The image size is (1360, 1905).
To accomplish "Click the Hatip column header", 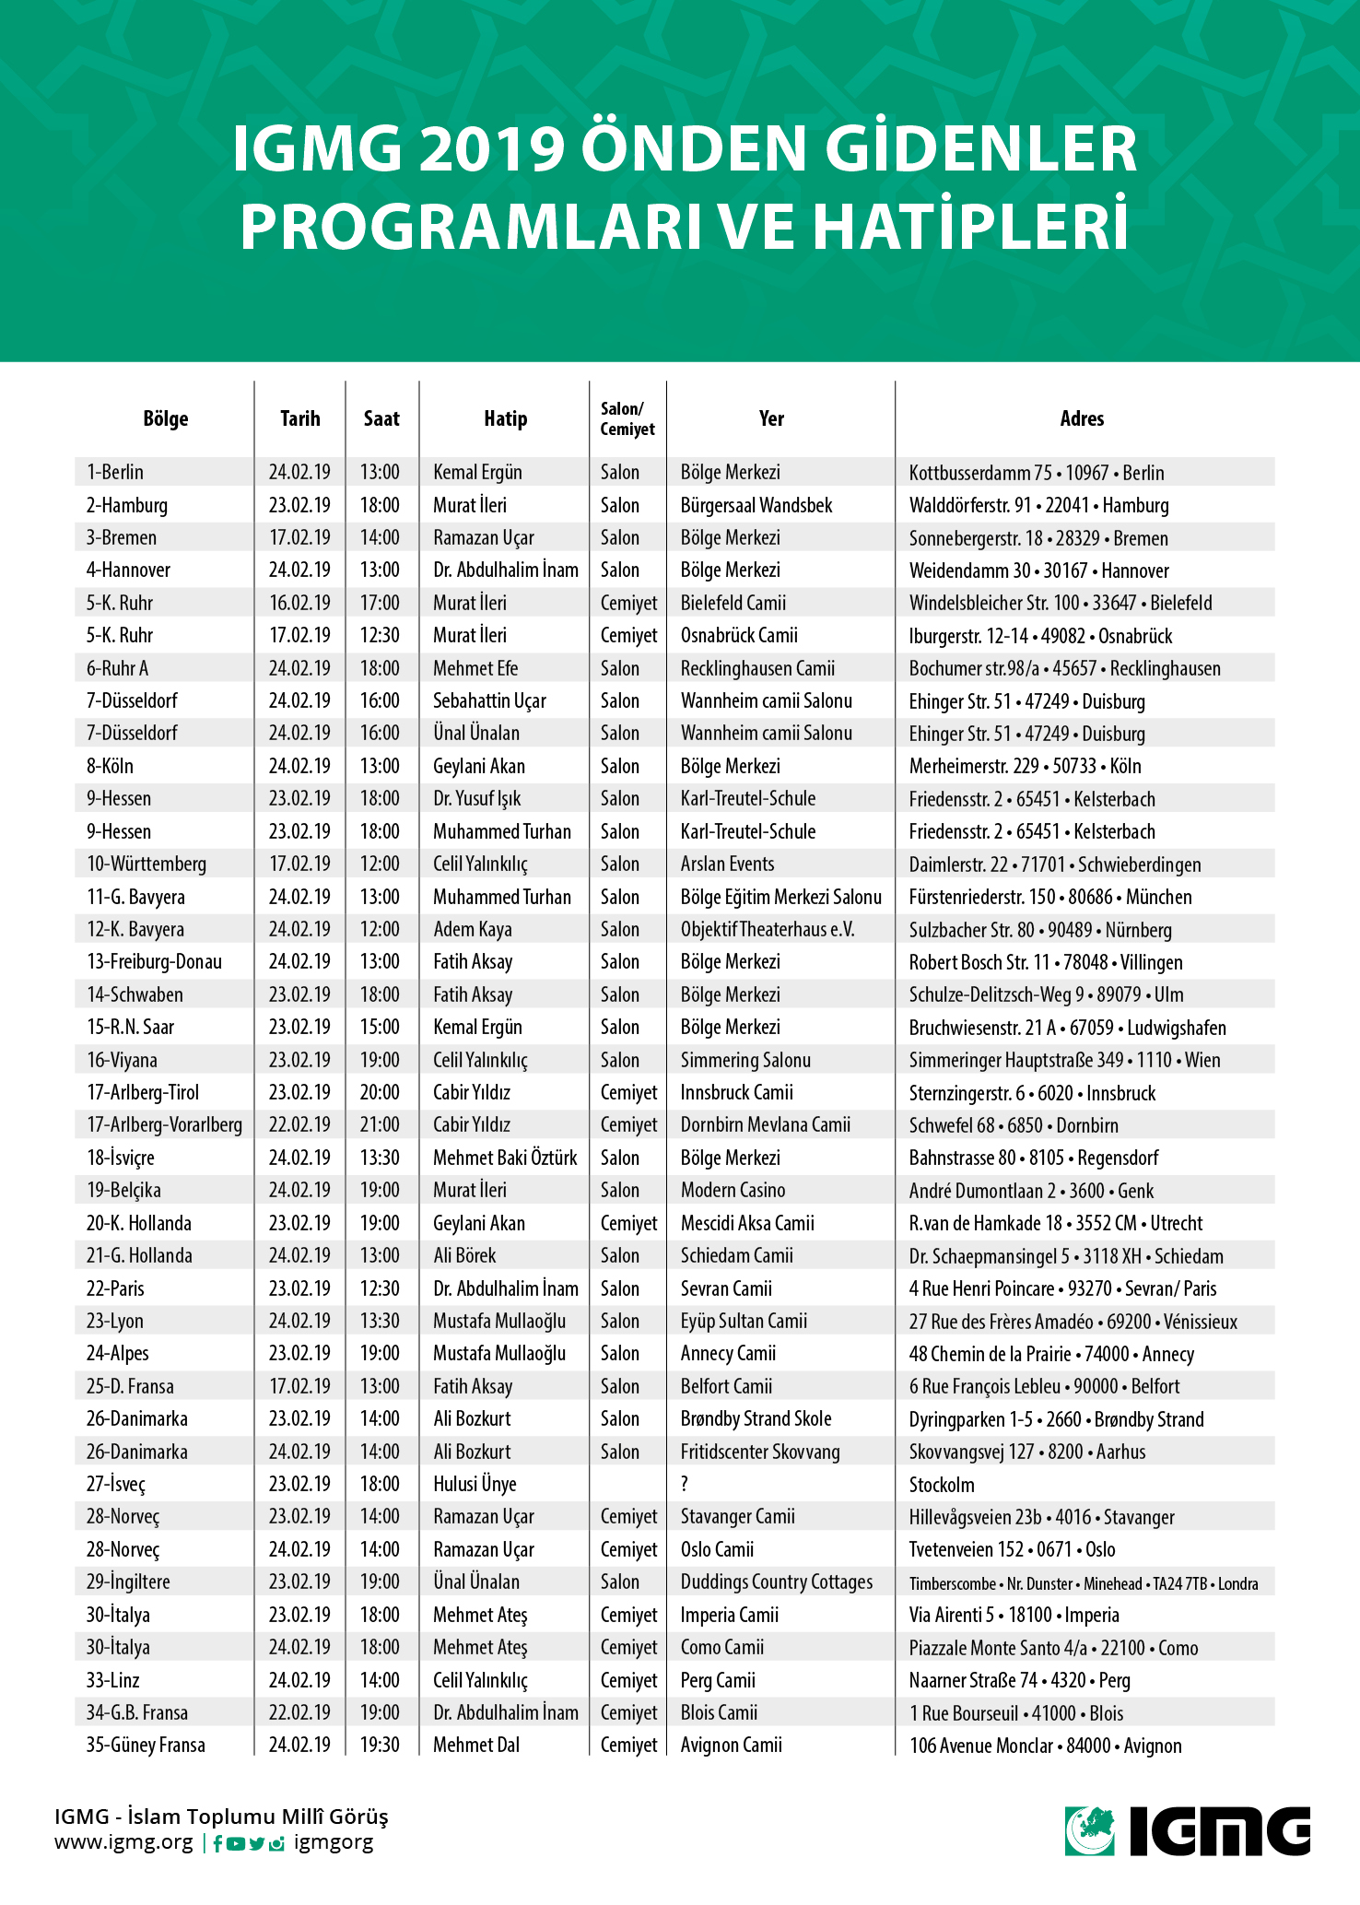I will pyautogui.click(x=505, y=419).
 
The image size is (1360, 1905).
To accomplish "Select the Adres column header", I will pyautogui.click(x=1082, y=419).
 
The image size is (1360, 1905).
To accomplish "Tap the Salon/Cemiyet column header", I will pyautogui.click(x=627, y=419).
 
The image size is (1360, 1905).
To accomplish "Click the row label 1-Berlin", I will pyautogui.click(x=115, y=472).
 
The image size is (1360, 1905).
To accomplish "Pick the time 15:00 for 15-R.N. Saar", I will pyautogui.click(x=380, y=1028).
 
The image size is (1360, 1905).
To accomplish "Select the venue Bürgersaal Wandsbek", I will pyautogui.click(x=756, y=505).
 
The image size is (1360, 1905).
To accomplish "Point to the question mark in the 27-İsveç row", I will pyautogui.click(x=685, y=1485).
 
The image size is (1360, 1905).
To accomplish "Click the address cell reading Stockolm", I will pyautogui.click(x=942, y=1485).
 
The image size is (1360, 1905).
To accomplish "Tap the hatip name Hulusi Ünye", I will pyautogui.click(x=475, y=1485).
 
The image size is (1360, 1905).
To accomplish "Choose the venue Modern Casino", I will pyautogui.click(x=733, y=1191).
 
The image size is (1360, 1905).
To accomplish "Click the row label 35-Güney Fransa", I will pyautogui.click(x=146, y=1746).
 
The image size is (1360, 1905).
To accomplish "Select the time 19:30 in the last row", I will pyautogui.click(x=380, y=1746).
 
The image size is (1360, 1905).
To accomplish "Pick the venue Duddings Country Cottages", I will pyautogui.click(x=776, y=1582).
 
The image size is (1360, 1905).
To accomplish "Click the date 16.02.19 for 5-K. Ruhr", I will pyautogui.click(x=299, y=603).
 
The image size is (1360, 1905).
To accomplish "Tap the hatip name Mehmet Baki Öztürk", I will pyautogui.click(x=505, y=1158).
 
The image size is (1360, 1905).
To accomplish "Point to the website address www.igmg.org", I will pyautogui.click(x=123, y=1842).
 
